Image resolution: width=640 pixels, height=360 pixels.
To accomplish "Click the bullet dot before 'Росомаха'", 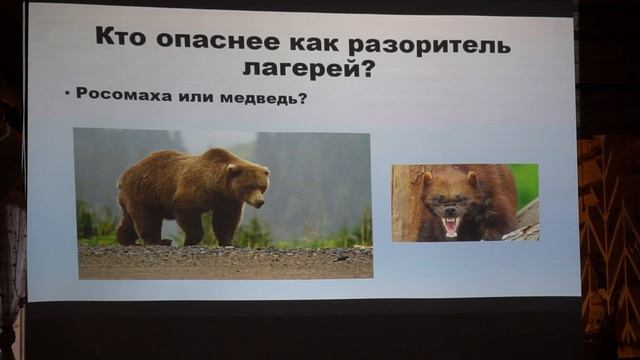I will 67,95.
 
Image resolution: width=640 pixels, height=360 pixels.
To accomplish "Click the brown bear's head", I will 247,182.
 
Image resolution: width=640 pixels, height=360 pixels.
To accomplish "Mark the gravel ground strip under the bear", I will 225,262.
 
